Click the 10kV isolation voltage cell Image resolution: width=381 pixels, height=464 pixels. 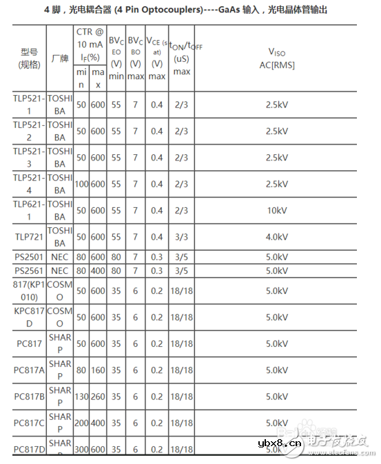pyautogui.click(x=276, y=211)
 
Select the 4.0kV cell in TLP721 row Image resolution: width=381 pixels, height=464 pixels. pyautogui.click(x=276, y=237)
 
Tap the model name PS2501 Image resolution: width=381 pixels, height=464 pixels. pyautogui.click(x=29, y=257)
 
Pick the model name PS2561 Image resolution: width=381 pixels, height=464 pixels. pyautogui.click(x=29, y=270)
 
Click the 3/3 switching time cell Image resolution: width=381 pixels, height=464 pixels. pyautogui.click(x=181, y=237)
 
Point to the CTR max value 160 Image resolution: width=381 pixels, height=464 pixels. pyautogui.click(x=98, y=370)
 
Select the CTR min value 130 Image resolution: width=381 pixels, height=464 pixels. pyautogui.click(x=81, y=397)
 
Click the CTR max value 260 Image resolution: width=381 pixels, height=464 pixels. pyautogui.click(x=98, y=397)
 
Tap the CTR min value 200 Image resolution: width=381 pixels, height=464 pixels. pyautogui.click(x=81, y=423)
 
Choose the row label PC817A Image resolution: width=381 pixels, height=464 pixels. pyautogui.click(x=29, y=370)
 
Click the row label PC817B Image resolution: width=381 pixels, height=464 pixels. pyautogui.click(x=29, y=397)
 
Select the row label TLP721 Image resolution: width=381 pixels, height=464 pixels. pyautogui.click(x=29, y=237)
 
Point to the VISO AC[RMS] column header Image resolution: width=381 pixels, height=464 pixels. pyautogui.click(x=276, y=58)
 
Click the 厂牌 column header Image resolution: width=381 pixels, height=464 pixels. pyautogui.click(x=60, y=59)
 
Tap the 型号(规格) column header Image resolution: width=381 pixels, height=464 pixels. pyautogui.click(x=29, y=59)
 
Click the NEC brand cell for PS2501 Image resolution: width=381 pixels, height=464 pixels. pyautogui.click(x=60, y=257)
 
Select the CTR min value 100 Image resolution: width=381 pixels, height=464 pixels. pyautogui.click(x=81, y=184)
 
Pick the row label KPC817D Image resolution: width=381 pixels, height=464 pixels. pyautogui.click(x=29, y=317)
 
